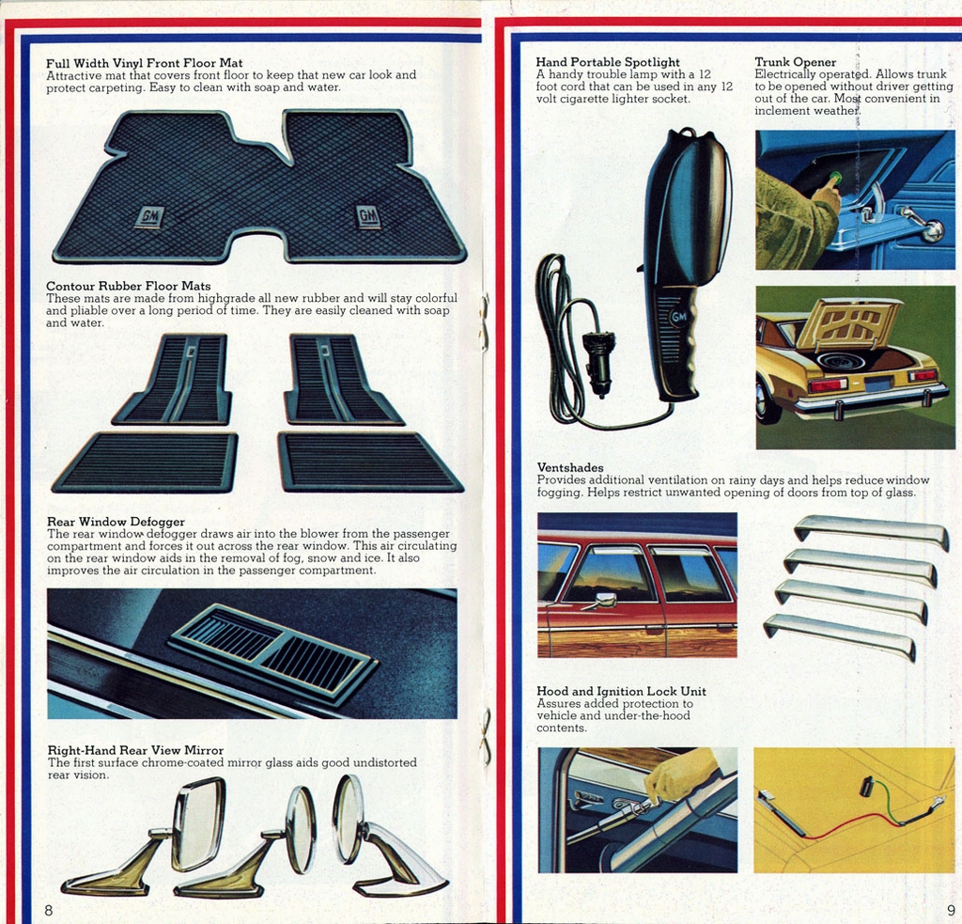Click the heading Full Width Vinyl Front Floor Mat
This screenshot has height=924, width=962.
[x=144, y=63]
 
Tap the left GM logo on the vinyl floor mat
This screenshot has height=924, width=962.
[x=149, y=217]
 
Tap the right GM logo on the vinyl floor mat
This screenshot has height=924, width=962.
[x=368, y=217]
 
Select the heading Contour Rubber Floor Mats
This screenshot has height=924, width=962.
[x=129, y=286]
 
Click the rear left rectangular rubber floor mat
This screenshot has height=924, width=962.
[x=146, y=462]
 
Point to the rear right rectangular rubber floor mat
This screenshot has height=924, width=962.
[x=369, y=462]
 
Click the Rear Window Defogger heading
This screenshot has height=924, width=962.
[x=116, y=522]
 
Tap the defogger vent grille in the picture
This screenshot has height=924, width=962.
[x=272, y=650]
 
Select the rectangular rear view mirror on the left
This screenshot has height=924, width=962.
[x=198, y=824]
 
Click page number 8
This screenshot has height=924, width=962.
[x=48, y=910]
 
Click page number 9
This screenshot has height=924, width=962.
[x=951, y=910]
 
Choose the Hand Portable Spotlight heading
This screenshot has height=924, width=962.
[x=608, y=62]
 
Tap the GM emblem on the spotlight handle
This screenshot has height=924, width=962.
[x=679, y=318]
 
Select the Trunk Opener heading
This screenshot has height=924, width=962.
[x=795, y=62]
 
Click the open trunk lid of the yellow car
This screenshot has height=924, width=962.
[x=850, y=322]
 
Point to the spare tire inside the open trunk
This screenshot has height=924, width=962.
[x=841, y=361]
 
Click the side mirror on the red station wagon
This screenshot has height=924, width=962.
[x=604, y=600]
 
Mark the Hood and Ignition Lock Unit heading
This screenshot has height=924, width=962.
[x=621, y=691]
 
